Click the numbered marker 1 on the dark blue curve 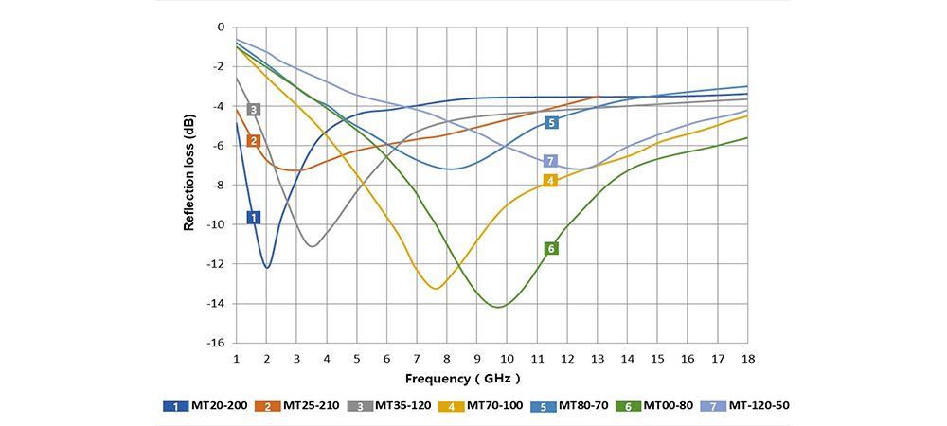[x=254, y=218]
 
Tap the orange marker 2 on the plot [x=253, y=141]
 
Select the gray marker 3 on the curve [x=254, y=110]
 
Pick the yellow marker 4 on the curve [x=550, y=180]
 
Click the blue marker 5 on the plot [x=551, y=122]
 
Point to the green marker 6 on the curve [x=551, y=248]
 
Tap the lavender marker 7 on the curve [x=551, y=161]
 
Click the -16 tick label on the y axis [x=217, y=344]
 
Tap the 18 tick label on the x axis [x=747, y=360]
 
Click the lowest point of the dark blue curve [x=267, y=268]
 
